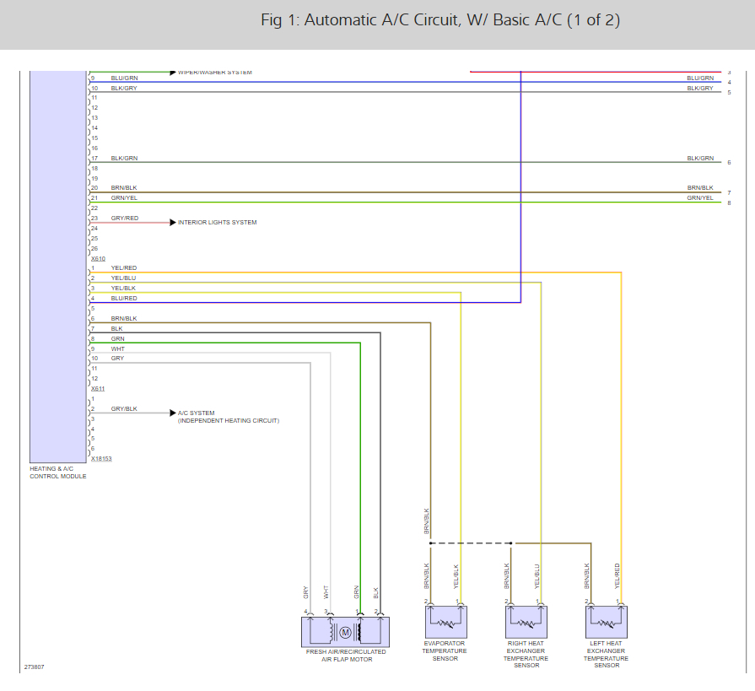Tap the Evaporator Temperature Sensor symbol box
pos(445,622)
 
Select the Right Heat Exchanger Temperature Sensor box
pos(526,622)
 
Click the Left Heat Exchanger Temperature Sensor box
pos(606,622)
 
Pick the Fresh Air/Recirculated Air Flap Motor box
pos(345,632)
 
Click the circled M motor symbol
pos(344,632)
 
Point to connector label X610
pos(98,258)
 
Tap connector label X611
pos(98,388)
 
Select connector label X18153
pos(101,459)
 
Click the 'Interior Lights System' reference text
pos(217,223)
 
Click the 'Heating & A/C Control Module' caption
pos(58,472)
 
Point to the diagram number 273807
pos(35,667)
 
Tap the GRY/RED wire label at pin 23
pos(124,218)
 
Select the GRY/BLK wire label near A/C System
pos(124,408)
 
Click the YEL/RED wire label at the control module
pos(123,267)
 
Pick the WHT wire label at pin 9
pos(117,348)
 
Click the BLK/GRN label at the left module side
pos(124,158)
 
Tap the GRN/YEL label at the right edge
pos(699,197)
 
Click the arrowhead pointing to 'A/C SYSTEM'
pos(171,413)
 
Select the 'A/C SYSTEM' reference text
pos(197,413)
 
